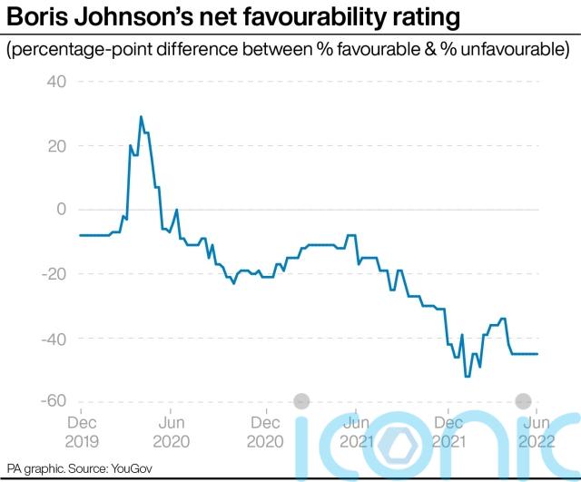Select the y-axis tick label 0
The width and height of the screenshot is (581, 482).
62,210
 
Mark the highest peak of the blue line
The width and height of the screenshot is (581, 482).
141,117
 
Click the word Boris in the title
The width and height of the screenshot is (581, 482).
36,17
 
